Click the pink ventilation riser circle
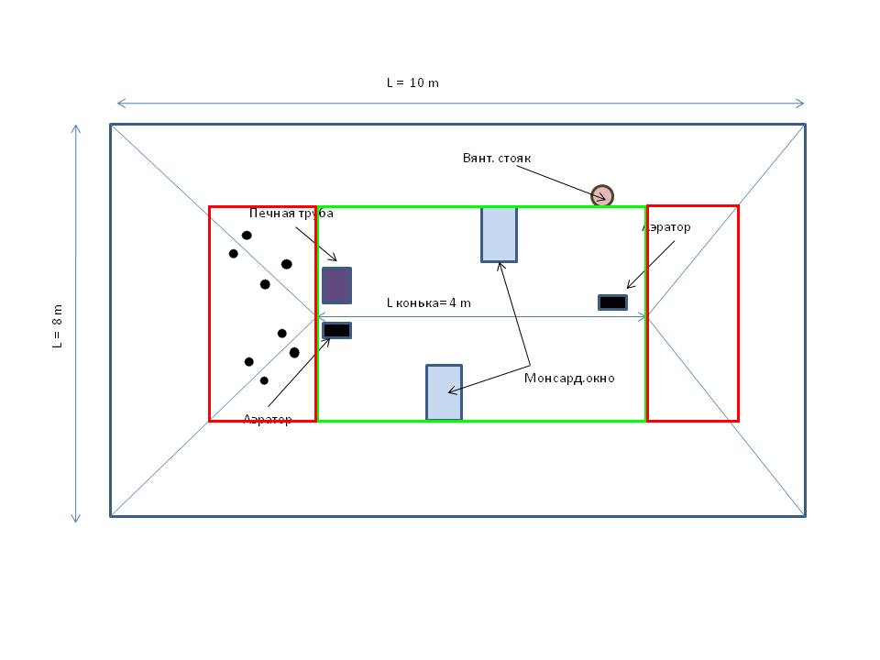[x=601, y=195]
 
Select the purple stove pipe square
[x=336, y=285]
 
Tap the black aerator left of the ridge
[x=336, y=330]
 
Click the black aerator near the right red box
[x=612, y=302]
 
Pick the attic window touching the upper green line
[x=499, y=235]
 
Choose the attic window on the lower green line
[x=444, y=392]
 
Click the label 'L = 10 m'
[x=412, y=82]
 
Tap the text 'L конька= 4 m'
[x=428, y=302]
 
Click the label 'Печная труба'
[x=291, y=214]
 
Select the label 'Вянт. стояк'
[x=496, y=158]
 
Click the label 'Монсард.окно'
[x=569, y=378]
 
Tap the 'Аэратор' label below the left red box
[x=267, y=419]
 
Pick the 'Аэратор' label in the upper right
[x=666, y=226]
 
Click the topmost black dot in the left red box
[x=247, y=236]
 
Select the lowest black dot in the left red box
[x=264, y=380]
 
